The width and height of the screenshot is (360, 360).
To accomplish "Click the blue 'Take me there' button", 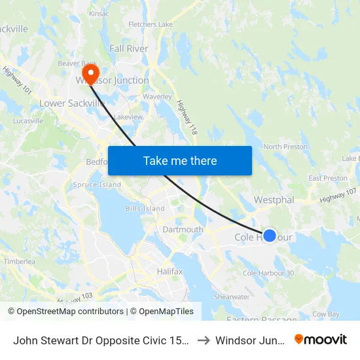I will coord(180,160).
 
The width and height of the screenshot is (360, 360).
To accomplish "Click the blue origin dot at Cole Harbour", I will coord(269,236).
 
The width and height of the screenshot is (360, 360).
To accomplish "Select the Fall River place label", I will coord(129,48).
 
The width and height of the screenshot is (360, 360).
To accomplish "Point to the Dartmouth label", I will coord(183,230).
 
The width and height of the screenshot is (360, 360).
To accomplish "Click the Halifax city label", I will coord(170,270).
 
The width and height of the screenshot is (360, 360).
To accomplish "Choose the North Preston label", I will coord(285,147).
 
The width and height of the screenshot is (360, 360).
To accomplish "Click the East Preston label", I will coord(328,178).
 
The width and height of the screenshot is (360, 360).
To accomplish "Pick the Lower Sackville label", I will coord(72,103).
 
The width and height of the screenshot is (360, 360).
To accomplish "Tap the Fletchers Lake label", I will coord(151,25).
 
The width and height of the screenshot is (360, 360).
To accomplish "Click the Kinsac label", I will coord(99,13).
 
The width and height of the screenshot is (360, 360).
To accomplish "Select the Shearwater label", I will coord(232,297).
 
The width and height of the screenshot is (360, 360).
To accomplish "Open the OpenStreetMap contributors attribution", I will coord(65,312).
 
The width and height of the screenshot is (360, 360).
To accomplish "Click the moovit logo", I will coord(321,339).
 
